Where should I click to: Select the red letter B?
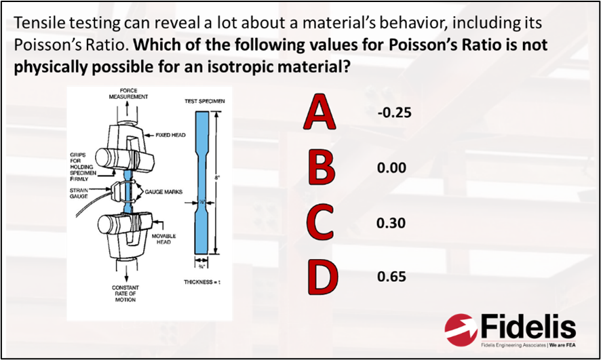(x=321, y=167)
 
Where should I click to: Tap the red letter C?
(x=319, y=223)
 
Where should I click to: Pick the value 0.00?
(x=391, y=167)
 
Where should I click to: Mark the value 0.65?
(x=391, y=277)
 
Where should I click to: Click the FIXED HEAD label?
(x=170, y=135)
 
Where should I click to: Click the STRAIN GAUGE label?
(x=79, y=195)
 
